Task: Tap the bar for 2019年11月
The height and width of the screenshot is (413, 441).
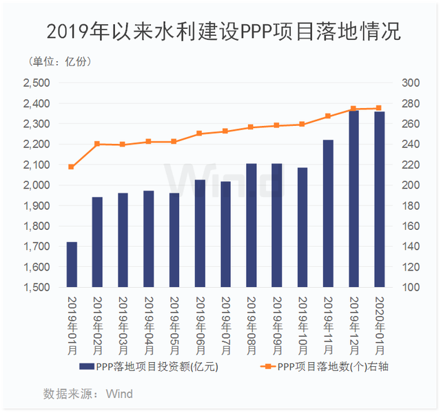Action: [328, 213]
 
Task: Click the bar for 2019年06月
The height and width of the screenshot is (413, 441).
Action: [200, 233]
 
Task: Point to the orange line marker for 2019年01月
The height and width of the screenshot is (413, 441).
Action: [72, 167]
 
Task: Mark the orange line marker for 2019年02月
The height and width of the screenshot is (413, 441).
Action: [97, 144]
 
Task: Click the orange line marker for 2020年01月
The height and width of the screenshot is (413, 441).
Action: [379, 108]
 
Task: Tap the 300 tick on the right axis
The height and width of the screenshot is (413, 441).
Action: [409, 83]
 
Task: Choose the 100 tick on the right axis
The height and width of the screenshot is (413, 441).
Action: [409, 287]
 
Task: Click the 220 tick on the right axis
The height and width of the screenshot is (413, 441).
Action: [409, 165]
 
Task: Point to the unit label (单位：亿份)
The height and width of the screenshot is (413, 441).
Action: [60, 62]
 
